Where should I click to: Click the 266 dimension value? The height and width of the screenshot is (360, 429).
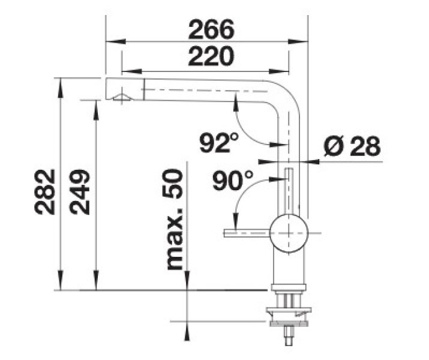[x=211, y=29]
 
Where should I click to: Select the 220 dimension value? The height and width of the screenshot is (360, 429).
[x=211, y=56]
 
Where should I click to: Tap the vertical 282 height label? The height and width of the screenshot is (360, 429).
[x=45, y=192]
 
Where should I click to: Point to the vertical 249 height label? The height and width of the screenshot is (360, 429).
[x=80, y=192]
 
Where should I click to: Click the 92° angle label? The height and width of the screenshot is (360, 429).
[x=219, y=143]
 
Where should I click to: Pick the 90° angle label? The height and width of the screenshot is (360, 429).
[x=232, y=180]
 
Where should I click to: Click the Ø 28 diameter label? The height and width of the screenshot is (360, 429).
[x=352, y=146]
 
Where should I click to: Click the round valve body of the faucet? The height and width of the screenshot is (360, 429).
[x=289, y=233]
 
